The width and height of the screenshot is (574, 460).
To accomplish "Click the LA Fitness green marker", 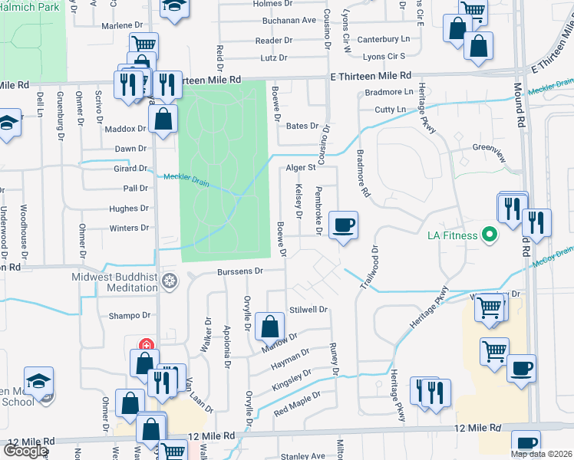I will (x=487, y=235).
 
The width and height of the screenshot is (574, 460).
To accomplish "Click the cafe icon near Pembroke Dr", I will (x=343, y=226).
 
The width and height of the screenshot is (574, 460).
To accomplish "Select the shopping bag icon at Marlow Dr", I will (x=269, y=327).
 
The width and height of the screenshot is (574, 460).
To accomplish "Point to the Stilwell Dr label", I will (x=308, y=310).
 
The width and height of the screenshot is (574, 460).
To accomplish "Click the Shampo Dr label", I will (x=130, y=315).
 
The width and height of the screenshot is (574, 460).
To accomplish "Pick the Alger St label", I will (x=301, y=167).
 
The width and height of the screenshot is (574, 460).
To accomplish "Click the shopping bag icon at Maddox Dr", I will (x=163, y=120).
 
